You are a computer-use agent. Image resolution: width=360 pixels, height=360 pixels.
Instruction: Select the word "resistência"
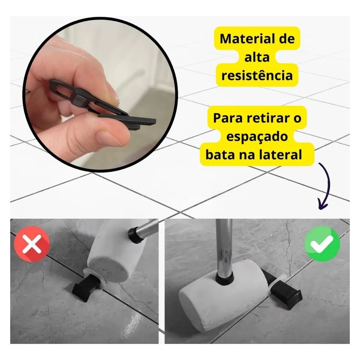(257, 75)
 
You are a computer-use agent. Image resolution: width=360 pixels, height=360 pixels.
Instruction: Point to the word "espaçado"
(257, 137)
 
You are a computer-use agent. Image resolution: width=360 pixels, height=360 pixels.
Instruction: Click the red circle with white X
(32, 244)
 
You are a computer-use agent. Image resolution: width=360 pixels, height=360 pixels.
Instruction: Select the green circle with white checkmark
(322, 243)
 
